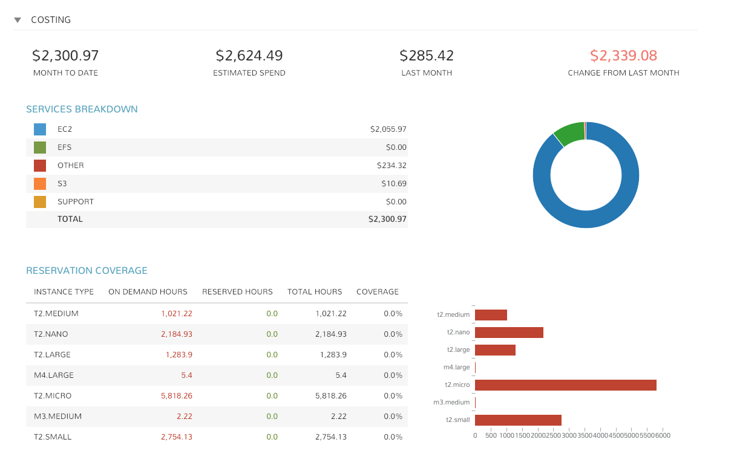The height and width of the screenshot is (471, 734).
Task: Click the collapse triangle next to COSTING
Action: (x=18, y=20)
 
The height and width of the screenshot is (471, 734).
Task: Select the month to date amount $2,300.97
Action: (x=65, y=56)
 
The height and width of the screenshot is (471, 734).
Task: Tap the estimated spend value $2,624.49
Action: (x=249, y=56)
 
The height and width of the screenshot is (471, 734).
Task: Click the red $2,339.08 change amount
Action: (x=623, y=56)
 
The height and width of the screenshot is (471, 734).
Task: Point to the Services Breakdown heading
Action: (x=82, y=109)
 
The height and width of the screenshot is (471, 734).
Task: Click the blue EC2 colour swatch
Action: (x=40, y=129)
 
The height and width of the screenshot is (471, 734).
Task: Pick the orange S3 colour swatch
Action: (x=40, y=184)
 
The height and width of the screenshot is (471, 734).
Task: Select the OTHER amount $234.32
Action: (x=392, y=165)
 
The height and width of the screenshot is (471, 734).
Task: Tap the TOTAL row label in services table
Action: (x=70, y=219)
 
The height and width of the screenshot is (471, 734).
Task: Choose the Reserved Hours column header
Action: (x=237, y=291)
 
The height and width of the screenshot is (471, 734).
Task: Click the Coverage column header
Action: (x=378, y=291)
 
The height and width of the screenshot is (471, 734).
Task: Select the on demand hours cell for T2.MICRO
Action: (x=177, y=395)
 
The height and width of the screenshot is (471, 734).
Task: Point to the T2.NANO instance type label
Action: (x=51, y=334)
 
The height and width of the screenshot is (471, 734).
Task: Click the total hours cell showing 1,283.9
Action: (x=333, y=355)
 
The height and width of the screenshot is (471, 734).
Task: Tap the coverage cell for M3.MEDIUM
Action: (x=393, y=417)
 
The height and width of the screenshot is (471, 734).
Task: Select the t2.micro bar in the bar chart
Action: (x=566, y=385)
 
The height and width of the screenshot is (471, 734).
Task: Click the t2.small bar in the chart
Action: (x=518, y=420)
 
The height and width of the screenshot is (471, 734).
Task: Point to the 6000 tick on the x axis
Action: (x=663, y=436)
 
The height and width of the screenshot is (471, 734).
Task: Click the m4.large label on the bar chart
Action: (x=456, y=367)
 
